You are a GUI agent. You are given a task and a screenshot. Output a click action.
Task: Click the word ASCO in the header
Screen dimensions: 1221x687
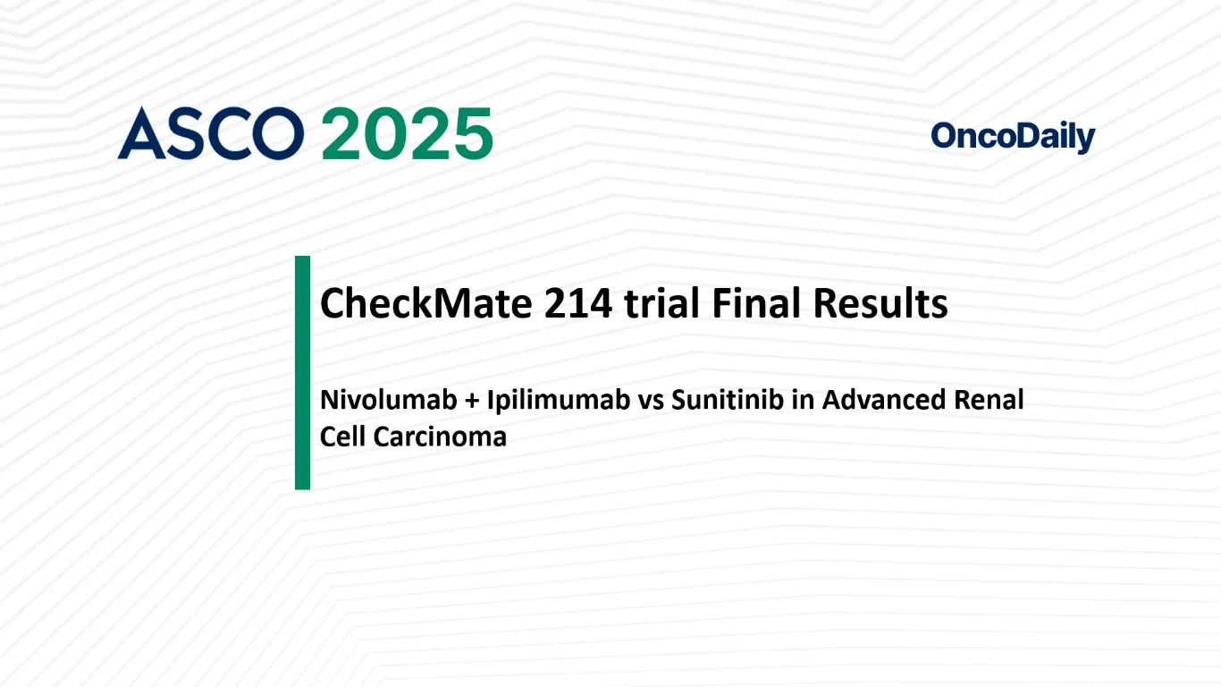tap(210, 133)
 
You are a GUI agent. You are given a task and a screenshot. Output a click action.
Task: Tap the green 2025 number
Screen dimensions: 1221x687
tap(408, 133)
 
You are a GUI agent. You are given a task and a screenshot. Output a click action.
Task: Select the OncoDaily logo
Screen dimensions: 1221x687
tap(1013, 137)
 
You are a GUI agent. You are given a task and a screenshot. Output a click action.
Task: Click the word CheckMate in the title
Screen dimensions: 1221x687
tap(425, 303)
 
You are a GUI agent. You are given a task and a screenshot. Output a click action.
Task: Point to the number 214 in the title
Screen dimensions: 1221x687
tap(577, 303)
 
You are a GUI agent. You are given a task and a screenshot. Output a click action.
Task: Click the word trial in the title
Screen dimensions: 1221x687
tap(661, 303)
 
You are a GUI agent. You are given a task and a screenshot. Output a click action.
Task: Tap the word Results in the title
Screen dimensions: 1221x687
tap(880, 303)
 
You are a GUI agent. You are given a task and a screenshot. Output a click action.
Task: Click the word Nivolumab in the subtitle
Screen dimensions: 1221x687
tap(388, 400)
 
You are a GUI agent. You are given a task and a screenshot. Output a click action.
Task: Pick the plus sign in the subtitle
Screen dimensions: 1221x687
tap(471, 401)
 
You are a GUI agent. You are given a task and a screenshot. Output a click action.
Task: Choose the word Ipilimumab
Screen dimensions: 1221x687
tap(558, 401)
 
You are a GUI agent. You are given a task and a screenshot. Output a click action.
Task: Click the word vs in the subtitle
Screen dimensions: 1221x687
tap(651, 403)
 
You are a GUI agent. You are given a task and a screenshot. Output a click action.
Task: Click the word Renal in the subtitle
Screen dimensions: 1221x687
tap(989, 400)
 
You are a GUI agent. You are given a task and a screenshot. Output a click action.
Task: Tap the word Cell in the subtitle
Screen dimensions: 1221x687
tap(342, 437)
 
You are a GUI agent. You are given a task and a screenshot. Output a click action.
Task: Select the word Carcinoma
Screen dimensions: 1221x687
tap(440, 437)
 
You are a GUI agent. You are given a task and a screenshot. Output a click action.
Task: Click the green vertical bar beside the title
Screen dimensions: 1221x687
tap(302, 373)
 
